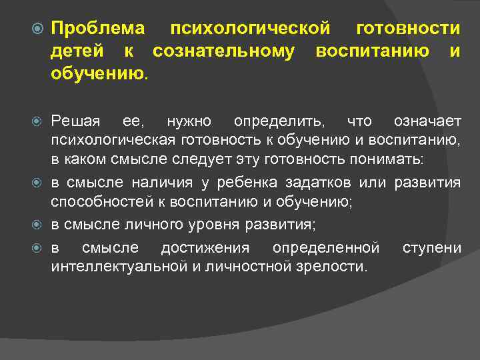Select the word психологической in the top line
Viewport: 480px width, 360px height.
pyautogui.click(x=251, y=29)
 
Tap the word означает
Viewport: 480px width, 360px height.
pyautogui.click(x=427, y=121)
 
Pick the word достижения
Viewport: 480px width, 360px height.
pyautogui.click(x=205, y=249)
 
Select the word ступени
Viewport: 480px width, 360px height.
pyautogui.click(x=431, y=249)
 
